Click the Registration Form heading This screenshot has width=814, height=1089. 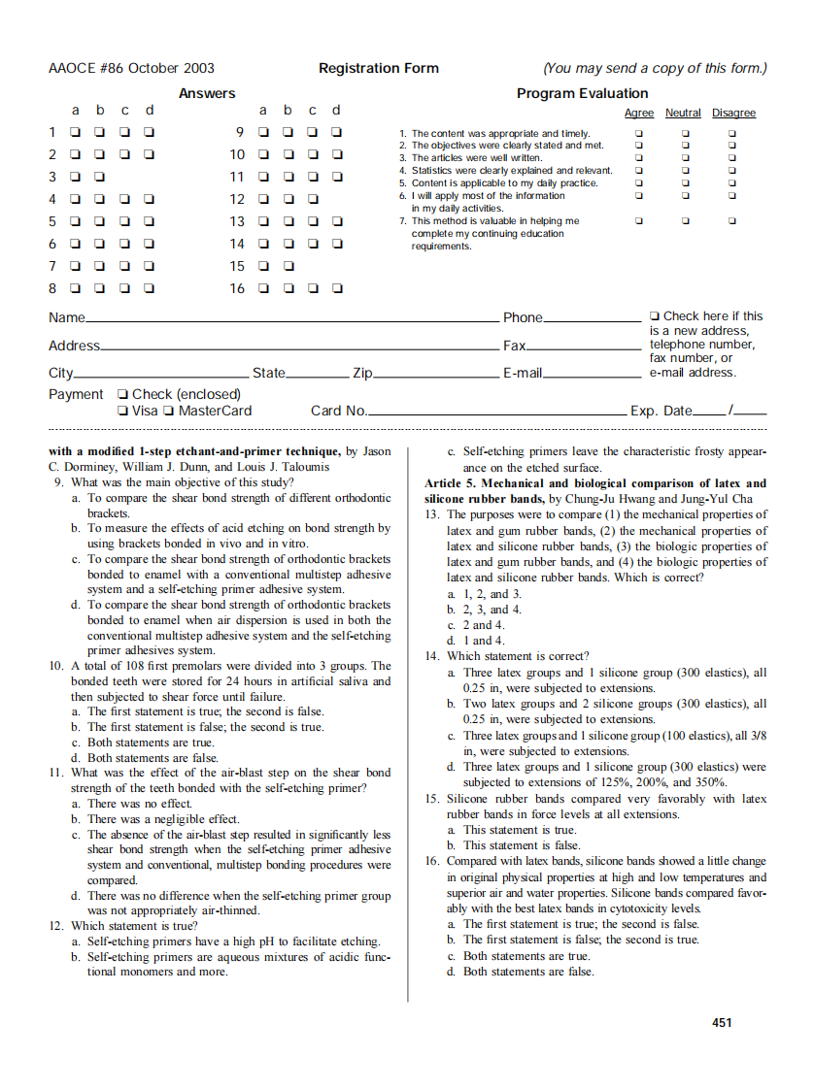(378, 68)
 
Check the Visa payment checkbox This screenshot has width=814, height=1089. (121, 411)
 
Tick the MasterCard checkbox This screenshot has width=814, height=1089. (169, 411)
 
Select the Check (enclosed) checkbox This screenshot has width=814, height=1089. (121, 394)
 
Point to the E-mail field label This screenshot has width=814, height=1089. (522, 373)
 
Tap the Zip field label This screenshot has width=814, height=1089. (362, 373)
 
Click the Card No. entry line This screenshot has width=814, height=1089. (495, 414)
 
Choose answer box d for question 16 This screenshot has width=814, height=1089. (336, 288)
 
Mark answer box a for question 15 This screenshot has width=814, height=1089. (262, 266)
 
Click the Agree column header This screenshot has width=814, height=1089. (638, 114)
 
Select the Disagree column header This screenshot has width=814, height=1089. (733, 114)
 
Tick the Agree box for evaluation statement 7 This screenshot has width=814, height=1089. (638, 220)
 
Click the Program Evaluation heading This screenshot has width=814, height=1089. (582, 93)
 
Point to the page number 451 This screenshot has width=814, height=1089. (722, 1022)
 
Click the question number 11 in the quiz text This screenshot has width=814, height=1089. (56, 773)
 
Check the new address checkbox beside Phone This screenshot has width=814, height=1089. (655, 316)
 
